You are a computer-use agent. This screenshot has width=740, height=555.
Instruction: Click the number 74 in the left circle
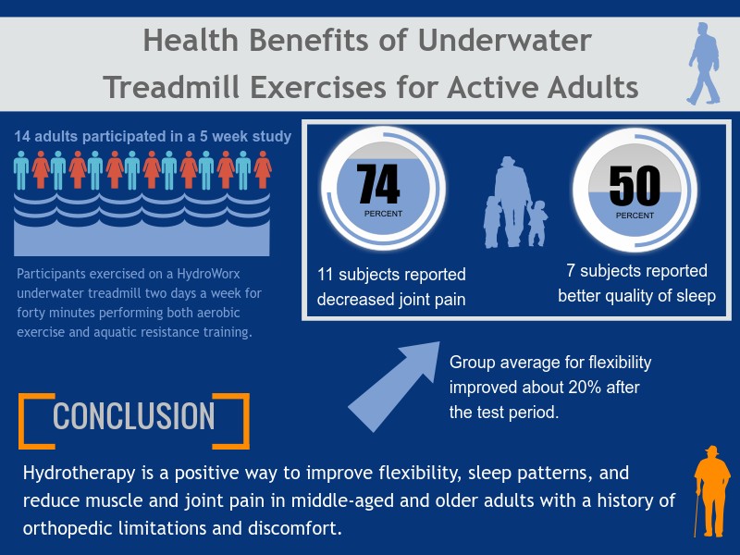pyautogui.click(x=378, y=184)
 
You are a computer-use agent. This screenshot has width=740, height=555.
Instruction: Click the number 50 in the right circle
pyautogui.click(x=634, y=186)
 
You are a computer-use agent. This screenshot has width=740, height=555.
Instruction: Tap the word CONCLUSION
pyautogui.click(x=134, y=415)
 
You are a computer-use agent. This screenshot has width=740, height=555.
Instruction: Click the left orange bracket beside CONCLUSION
pyautogui.click(x=30, y=421)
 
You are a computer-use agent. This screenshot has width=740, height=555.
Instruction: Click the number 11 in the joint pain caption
pyautogui.click(x=326, y=275)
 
